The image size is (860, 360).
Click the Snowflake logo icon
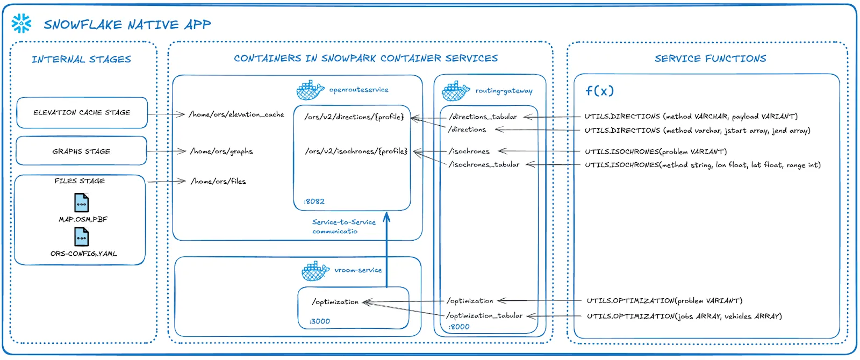tap(21, 24)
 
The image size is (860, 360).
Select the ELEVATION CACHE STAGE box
tap(82, 113)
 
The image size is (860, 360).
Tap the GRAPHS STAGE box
tap(81, 152)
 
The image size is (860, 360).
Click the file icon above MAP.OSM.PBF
tap(81, 203)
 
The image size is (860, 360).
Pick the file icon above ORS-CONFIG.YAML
tap(81, 237)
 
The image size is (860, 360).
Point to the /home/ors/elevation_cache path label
tap(236, 114)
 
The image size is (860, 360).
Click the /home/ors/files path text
tap(218, 182)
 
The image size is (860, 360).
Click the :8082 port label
tap(314, 201)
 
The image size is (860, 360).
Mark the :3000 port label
tap(320, 321)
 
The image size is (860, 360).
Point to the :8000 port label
tap(459, 327)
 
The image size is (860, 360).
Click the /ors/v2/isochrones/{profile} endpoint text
tap(356, 152)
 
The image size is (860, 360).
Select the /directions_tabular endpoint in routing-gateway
tap(483, 117)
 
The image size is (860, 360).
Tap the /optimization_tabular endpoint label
tap(484, 316)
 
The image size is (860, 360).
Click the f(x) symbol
tap(599, 91)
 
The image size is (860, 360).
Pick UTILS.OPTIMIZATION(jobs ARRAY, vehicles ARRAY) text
tap(684, 316)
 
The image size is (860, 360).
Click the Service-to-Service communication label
tap(343, 227)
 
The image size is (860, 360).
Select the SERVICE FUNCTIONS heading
tap(710, 59)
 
